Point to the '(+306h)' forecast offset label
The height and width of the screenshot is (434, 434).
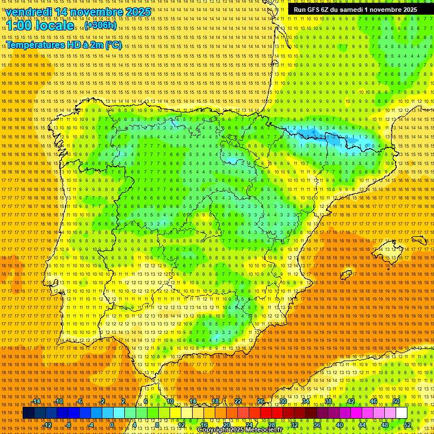coord(101,26)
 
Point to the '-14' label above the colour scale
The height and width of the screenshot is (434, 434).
coord(37,401)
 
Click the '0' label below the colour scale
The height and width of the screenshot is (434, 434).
coord(111,425)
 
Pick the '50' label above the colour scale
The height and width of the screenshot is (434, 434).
coord(396,401)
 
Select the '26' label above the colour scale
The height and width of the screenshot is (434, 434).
coord(261,401)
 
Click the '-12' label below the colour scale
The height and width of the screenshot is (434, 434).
coord(47,425)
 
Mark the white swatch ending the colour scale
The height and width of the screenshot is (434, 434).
coord(401,413)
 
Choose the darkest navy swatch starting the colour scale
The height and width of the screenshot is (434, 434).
coord(28,413)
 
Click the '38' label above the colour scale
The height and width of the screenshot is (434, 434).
coord(328,401)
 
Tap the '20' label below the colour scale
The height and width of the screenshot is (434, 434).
coord(226,425)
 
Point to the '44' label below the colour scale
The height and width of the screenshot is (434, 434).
coord(362,425)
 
